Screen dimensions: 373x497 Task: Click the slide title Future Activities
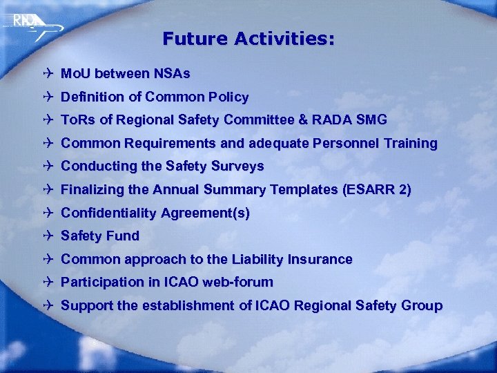click(248, 39)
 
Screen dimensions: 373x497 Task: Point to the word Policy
click(229, 97)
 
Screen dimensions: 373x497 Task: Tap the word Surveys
click(239, 166)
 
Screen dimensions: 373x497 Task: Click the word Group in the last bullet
click(421, 306)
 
